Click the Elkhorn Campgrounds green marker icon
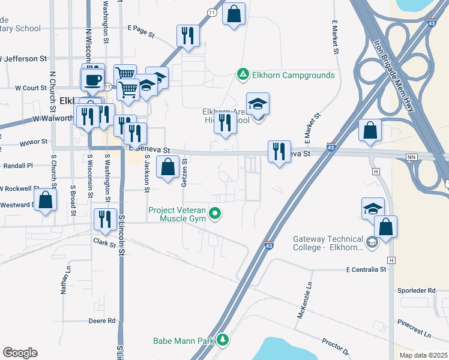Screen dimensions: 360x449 [243, 75]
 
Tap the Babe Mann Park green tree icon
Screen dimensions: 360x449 [223, 340]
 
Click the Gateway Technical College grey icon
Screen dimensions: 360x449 [372, 242]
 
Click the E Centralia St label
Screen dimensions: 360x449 [365, 270]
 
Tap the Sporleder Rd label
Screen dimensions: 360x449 [416, 290]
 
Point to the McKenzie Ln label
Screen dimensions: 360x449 [304, 301]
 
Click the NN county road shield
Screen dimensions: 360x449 [411, 157]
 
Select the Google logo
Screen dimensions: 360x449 [20, 353]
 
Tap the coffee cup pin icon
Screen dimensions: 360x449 [92, 79]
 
